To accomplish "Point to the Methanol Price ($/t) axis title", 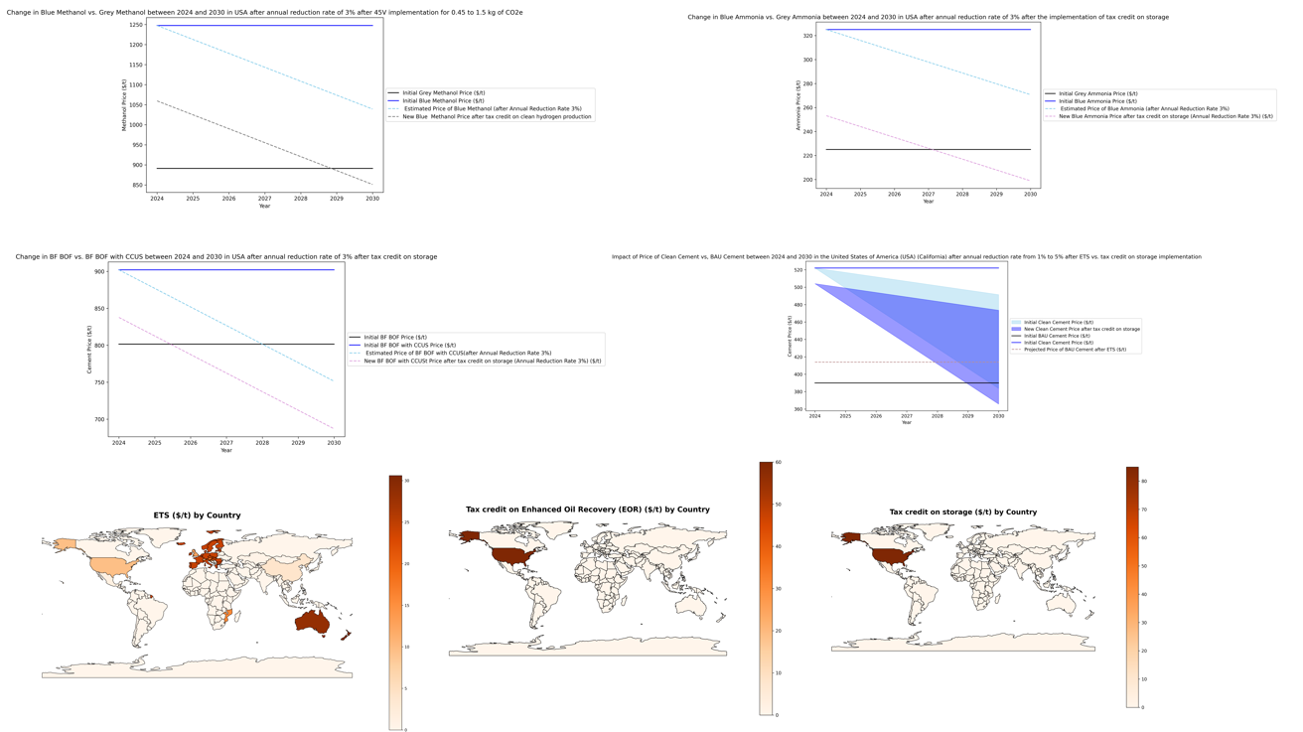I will point(125,105).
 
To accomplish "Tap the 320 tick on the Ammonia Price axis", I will point(806,36).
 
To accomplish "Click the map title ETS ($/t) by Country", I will point(197,515).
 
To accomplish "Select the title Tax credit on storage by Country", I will point(962,512).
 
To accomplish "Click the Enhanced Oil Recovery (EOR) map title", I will point(587,510).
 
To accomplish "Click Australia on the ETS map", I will point(311,622).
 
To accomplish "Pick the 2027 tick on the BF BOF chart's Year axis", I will point(226,443).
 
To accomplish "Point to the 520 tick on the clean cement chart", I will point(798,269).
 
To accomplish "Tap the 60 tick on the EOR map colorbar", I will point(778,463).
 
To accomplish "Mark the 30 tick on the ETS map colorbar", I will point(406,481).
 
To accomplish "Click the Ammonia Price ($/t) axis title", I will point(798,105).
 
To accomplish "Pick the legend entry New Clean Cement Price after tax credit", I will point(1082,329).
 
